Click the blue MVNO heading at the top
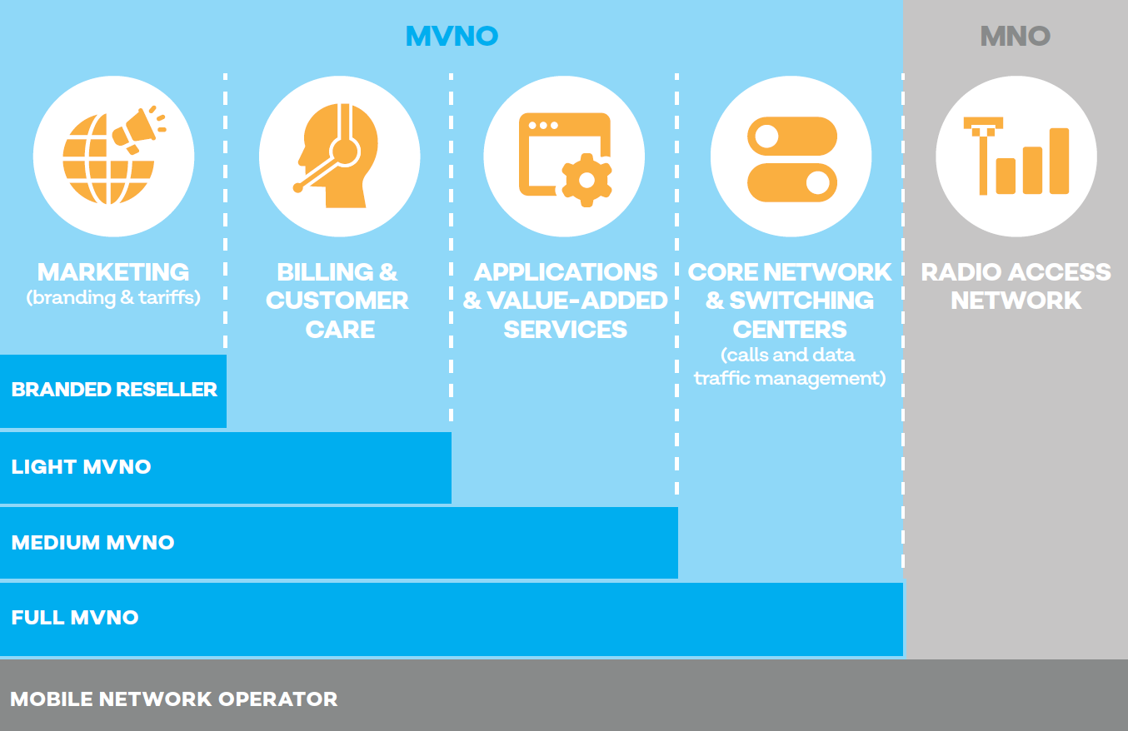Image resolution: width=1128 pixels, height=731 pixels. point(452,37)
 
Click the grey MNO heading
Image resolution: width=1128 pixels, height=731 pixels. point(1016,37)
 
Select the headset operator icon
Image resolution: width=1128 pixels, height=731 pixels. point(338,156)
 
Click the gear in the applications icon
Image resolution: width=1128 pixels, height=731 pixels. point(586,180)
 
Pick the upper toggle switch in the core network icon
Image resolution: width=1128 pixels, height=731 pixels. point(792,136)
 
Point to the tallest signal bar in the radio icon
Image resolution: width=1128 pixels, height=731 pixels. point(1059,161)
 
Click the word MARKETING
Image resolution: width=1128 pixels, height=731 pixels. point(113,272)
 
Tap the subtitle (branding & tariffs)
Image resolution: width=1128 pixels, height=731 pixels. point(113,298)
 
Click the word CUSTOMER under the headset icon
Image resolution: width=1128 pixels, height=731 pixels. point(337,301)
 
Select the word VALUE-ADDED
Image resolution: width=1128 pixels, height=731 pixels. point(577,301)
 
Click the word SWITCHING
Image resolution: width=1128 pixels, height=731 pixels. point(801,301)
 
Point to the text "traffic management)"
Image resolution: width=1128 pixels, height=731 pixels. point(790,378)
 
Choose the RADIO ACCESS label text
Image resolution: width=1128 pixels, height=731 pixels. point(1016,272)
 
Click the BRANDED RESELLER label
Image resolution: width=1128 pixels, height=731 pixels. point(114,390)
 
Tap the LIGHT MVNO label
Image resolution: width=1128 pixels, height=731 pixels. point(81,467)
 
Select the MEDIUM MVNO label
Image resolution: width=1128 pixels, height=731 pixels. point(92,542)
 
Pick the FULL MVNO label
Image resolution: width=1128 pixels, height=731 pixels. point(74,617)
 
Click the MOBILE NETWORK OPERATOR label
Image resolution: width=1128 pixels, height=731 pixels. point(174,699)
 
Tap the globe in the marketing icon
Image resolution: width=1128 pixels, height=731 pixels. point(107,160)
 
